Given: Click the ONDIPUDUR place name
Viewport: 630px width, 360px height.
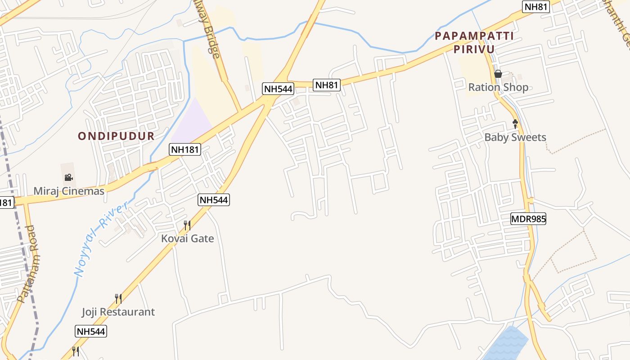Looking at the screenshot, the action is [116, 136].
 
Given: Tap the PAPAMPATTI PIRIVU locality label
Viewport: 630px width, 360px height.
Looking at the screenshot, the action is [474, 42].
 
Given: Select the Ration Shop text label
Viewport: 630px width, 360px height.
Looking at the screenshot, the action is [498, 87].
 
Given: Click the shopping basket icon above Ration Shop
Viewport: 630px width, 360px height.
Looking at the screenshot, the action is [498, 74].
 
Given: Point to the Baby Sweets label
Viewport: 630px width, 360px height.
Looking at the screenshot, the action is [515, 137].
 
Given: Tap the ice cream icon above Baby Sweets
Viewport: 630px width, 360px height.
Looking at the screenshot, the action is [515, 123].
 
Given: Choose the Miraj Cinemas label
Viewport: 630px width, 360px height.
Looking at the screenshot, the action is [69, 191].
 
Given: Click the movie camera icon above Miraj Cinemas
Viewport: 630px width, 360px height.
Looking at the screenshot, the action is [68, 177].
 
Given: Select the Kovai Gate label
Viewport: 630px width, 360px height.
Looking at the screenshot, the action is [187, 238].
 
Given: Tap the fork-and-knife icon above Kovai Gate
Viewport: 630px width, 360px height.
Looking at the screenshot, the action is [187, 225].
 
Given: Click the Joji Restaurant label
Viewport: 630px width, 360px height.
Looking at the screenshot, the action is [118, 312].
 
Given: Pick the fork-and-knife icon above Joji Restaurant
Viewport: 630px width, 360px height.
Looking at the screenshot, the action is [118, 298].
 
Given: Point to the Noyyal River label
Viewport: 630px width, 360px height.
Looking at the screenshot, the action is [100, 239].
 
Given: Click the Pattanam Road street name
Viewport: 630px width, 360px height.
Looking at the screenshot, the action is [28, 264].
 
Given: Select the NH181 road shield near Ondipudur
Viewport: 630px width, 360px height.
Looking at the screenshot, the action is [185, 149].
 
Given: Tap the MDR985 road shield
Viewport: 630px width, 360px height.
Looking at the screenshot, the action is [528, 219].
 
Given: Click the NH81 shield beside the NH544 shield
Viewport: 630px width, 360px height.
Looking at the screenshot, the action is [327, 85].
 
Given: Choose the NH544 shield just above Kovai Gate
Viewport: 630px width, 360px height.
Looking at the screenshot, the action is [214, 200].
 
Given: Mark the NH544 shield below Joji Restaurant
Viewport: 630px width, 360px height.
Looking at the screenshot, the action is [90, 332].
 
